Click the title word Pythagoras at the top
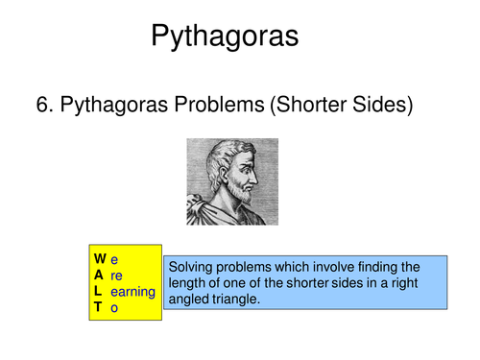(225, 38)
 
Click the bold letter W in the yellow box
(100, 259)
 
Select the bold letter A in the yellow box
(99, 275)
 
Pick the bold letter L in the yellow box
(98, 291)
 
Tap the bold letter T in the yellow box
(98, 307)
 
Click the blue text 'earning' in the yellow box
(132, 291)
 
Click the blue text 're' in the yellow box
(117, 276)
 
